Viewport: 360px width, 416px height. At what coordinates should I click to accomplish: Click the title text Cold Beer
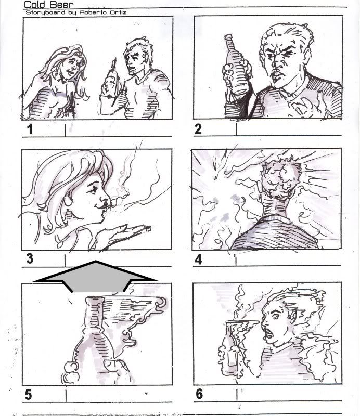[48, 5]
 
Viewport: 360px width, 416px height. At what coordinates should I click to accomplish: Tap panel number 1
[30, 129]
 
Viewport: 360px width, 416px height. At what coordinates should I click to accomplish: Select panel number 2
[198, 129]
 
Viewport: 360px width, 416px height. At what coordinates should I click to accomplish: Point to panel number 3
[30, 258]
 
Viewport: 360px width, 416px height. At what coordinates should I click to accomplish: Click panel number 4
[198, 259]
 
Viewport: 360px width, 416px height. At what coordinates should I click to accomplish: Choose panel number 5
[28, 395]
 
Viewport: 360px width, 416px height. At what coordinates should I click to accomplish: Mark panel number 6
[199, 394]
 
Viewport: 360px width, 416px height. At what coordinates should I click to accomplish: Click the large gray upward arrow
[95, 277]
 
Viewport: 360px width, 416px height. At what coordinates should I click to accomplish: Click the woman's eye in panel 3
[94, 189]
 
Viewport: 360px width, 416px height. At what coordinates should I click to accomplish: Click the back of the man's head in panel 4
[281, 177]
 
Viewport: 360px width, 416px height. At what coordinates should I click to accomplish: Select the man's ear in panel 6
[292, 315]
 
